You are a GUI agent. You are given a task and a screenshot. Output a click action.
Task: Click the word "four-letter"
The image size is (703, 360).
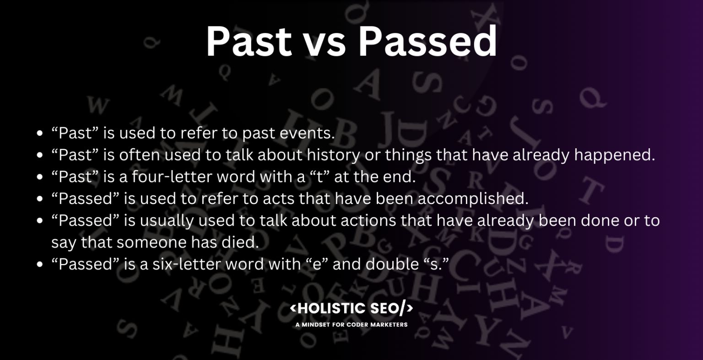(x=167, y=177)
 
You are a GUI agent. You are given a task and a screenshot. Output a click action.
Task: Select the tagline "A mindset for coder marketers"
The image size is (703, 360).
(x=351, y=325)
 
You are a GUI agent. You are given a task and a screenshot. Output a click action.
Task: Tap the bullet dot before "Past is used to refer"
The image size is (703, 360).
(x=40, y=134)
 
